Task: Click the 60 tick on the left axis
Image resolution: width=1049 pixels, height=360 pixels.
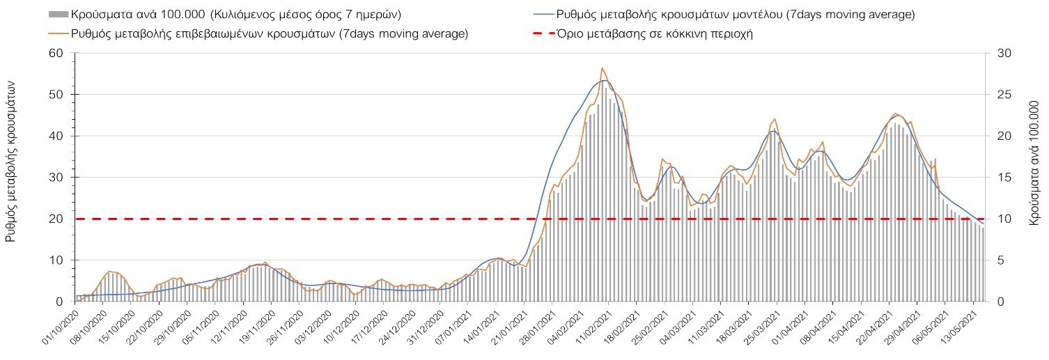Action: click(56, 54)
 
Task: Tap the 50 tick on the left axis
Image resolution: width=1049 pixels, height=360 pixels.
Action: click(56, 95)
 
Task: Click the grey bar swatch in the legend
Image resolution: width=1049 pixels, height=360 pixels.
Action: click(59, 14)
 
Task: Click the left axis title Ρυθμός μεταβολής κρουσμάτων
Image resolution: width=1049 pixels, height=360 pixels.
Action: click(10, 160)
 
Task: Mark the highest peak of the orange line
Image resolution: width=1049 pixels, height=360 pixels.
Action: click(602, 68)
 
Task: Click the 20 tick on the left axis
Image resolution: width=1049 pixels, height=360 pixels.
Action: click(56, 219)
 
